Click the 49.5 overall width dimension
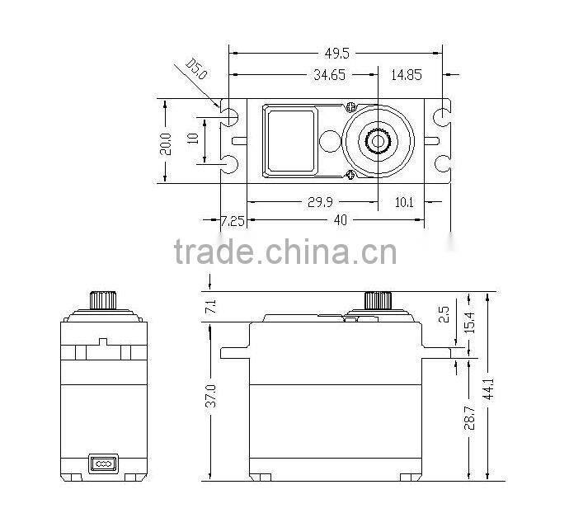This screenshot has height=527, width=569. coord(336,54)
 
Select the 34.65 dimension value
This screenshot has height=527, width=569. coord(330,75)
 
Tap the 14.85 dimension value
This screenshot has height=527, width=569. coord(407,75)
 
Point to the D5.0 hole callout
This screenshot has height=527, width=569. coord(196,69)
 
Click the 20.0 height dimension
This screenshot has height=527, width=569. coord(166,144)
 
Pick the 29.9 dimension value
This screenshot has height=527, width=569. coord(320,202)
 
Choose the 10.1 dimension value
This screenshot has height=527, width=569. coord(404,202)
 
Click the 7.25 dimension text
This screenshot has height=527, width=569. coord(233,221)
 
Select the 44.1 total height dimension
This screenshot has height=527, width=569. coord(489,388)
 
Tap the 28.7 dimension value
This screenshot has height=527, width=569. coord(469,418)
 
